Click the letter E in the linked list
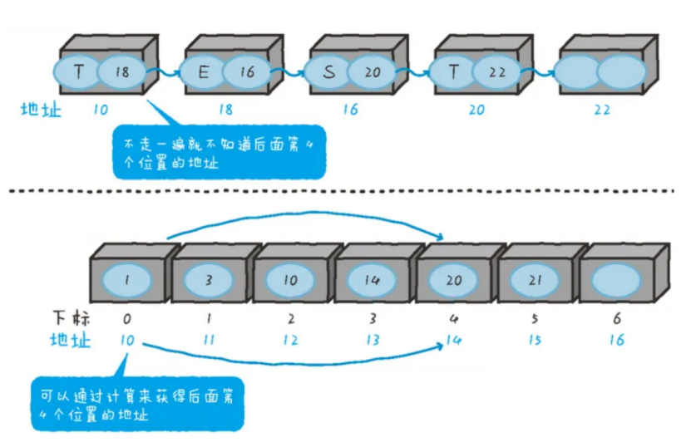point(203,72)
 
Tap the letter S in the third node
point(328,72)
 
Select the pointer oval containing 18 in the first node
point(122,72)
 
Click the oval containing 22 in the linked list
point(497,72)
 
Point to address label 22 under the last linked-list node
point(602,110)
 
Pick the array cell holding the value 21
point(535,280)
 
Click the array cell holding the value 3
point(208,280)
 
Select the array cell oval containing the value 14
point(371,280)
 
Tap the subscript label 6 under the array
point(616,319)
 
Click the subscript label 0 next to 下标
point(126,319)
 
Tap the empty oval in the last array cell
point(616,280)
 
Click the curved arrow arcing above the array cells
point(308,215)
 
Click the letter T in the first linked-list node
point(79,72)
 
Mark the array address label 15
point(535,340)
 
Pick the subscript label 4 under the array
point(453,319)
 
